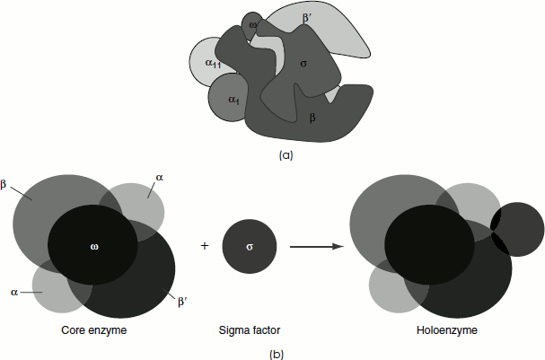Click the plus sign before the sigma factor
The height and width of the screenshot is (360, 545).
point(205,245)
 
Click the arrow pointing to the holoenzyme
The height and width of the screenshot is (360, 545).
point(313,245)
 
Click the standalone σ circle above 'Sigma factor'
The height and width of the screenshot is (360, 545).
point(250,245)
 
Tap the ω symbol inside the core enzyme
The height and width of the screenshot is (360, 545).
point(92,244)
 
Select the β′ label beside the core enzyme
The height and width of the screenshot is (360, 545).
point(182,301)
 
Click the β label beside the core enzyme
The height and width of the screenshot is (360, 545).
point(4,184)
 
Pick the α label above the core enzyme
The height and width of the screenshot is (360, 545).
point(159,179)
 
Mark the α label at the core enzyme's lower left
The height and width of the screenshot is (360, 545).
point(13,292)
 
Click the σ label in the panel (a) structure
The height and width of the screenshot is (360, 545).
point(303,64)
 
